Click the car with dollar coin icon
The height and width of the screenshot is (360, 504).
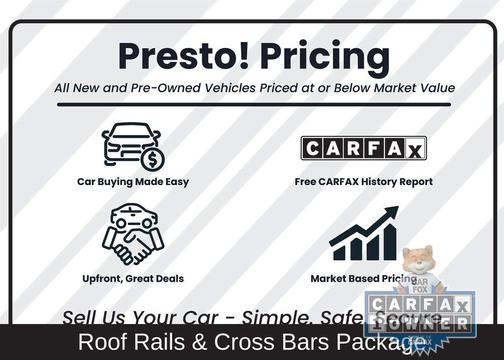pyautogui.click(x=132, y=146)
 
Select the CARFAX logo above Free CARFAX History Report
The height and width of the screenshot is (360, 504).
pyautogui.click(x=364, y=148)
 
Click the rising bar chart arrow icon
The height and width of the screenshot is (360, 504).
pyautogui.click(x=363, y=234)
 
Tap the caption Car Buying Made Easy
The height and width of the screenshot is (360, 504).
pyautogui.click(x=133, y=182)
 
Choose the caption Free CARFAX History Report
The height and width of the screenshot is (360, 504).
pyautogui.click(x=364, y=182)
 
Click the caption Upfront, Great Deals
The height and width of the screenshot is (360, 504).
pyautogui.click(x=133, y=278)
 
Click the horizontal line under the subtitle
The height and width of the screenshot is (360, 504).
pyautogui.click(x=255, y=104)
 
